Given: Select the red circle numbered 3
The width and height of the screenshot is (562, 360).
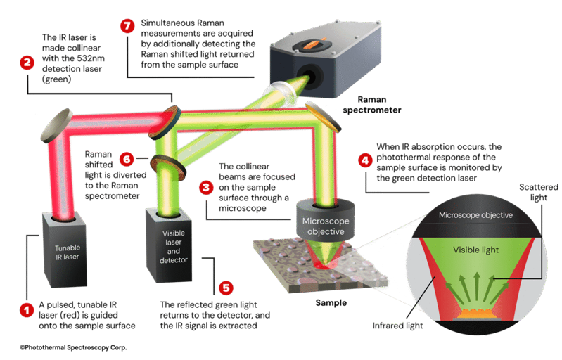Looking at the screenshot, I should [x=205, y=188].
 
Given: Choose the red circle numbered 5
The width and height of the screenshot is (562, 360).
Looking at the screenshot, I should [x=225, y=288].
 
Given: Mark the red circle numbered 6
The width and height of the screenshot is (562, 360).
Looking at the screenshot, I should [x=127, y=160].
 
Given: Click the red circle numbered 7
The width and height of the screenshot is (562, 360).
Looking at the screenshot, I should [x=127, y=26].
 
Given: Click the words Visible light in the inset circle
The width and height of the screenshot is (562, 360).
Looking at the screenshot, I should [x=474, y=250].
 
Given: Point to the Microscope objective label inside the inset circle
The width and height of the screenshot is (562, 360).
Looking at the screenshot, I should [x=474, y=214].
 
